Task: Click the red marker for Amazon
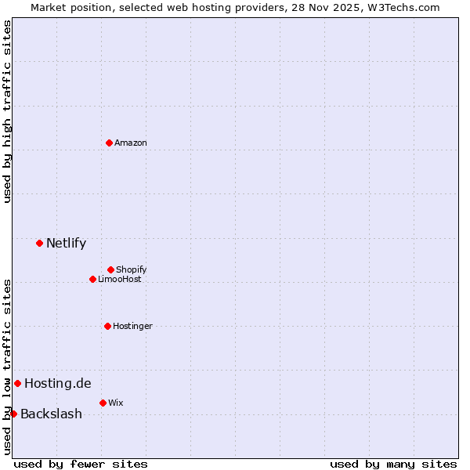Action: coord(110,143)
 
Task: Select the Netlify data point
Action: coord(39,243)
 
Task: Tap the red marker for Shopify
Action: coord(111,269)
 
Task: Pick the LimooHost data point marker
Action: coord(92,279)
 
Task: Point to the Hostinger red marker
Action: coord(108,326)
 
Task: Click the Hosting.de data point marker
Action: coord(17,383)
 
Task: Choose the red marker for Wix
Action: coord(103,403)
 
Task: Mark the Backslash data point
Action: coord(13,414)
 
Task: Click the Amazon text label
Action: coord(131,143)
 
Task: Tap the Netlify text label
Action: coord(67,243)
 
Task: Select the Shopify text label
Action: coord(132,269)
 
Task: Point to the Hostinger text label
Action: coord(132,326)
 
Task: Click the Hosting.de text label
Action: coord(58,383)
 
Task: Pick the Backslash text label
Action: coord(51,414)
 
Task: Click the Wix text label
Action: coord(116,403)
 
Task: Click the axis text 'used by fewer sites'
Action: coord(81,464)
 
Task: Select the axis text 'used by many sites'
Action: coord(393,464)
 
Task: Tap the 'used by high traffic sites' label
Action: coord(7,111)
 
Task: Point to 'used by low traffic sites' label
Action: coord(7,367)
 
